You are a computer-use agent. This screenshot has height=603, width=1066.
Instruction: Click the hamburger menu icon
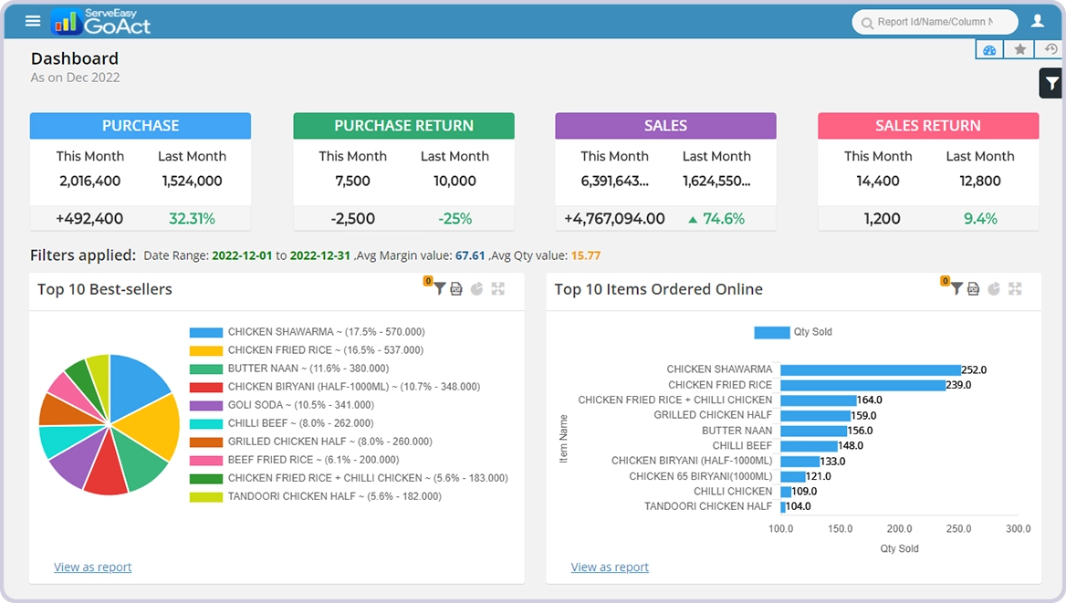[x=33, y=21]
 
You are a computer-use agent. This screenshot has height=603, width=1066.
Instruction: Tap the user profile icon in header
[x=1037, y=21]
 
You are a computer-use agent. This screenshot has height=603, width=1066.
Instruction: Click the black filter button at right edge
[x=1051, y=83]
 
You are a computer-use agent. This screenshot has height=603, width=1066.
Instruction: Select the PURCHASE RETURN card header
[x=403, y=126]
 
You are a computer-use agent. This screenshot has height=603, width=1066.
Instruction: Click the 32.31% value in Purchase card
[x=192, y=219]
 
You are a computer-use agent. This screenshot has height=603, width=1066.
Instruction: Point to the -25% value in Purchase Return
[x=455, y=219]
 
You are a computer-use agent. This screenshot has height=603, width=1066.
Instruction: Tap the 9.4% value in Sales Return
[x=980, y=219]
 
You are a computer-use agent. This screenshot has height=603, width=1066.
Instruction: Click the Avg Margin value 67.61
[x=470, y=255]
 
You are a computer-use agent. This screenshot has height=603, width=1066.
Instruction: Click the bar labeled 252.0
[x=870, y=369]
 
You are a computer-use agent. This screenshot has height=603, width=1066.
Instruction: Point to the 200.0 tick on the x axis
[x=899, y=529]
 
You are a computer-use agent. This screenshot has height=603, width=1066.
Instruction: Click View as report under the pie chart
[x=92, y=567]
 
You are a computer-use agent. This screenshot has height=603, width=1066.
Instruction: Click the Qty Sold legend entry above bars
[x=793, y=332]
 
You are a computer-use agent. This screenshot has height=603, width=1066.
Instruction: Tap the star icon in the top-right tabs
[x=1019, y=49]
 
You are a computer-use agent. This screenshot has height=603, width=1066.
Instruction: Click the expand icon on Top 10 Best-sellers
[x=497, y=289]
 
